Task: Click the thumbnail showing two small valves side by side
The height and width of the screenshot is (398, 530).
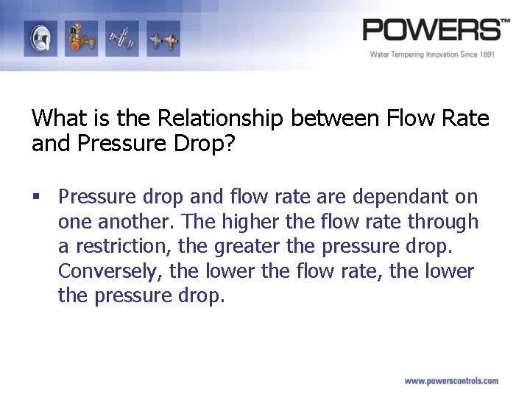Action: tap(162, 38)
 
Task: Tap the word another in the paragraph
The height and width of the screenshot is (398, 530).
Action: tap(135, 222)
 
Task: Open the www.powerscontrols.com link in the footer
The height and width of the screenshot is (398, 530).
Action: tap(451, 381)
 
